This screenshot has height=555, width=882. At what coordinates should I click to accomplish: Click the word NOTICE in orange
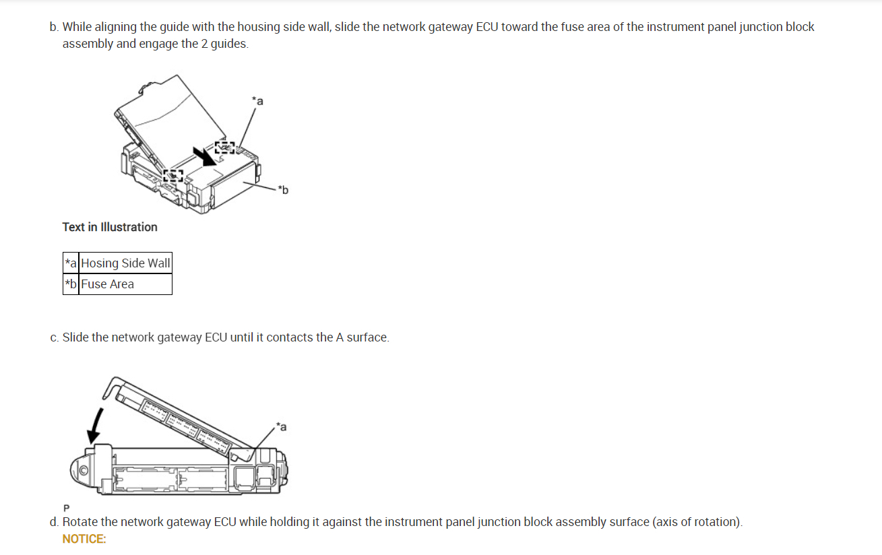tap(84, 539)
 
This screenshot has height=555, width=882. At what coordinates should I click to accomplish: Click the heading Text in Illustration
tap(110, 227)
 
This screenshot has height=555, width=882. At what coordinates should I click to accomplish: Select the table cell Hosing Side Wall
tap(126, 263)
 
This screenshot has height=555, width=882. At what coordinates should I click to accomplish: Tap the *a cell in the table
tap(71, 263)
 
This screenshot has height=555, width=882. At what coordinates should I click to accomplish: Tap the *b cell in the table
tap(71, 284)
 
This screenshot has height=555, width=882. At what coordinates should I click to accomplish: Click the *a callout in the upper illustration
tap(257, 101)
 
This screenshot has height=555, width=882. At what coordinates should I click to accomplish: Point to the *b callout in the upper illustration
tap(283, 191)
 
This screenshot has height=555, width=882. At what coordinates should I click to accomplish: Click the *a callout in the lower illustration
tap(281, 426)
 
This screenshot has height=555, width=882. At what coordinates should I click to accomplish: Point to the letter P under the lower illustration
tap(66, 507)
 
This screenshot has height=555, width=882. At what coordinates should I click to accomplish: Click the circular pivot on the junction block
tap(85, 470)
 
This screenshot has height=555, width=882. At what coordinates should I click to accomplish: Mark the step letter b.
tap(53, 28)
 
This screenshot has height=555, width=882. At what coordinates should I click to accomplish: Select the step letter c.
tap(53, 337)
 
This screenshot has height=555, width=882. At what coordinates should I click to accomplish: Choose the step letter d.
tap(53, 522)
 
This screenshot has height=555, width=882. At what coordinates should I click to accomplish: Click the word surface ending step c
tap(367, 337)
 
